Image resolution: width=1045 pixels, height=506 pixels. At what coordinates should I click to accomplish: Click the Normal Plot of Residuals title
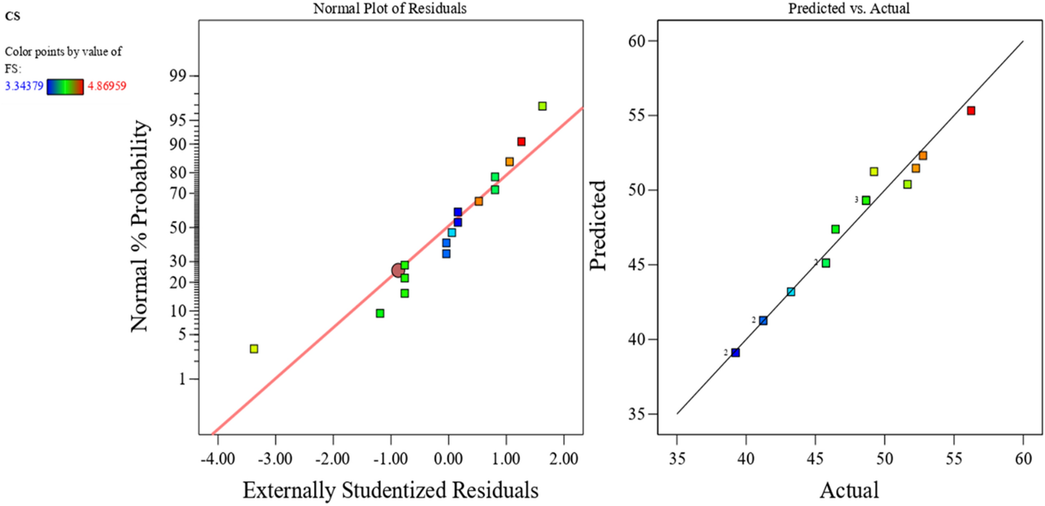click(389, 8)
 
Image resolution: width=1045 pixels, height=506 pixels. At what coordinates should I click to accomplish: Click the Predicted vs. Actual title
click(849, 8)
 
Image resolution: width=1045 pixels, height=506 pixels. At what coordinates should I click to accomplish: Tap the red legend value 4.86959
click(107, 86)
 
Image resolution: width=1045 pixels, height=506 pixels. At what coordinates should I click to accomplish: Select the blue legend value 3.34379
click(24, 86)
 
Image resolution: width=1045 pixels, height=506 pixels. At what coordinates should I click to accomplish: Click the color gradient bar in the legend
click(65, 86)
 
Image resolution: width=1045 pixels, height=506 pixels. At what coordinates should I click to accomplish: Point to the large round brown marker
click(398, 270)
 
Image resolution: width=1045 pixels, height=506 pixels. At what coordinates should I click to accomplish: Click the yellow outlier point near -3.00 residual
click(254, 349)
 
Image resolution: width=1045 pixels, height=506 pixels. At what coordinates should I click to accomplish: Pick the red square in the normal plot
click(521, 142)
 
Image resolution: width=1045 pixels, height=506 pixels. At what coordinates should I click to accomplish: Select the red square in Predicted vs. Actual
click(971, 110)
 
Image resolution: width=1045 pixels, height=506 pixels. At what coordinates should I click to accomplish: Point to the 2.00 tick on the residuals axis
click(564, 459)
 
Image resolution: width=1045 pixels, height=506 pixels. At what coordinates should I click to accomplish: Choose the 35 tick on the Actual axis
click(677, 459)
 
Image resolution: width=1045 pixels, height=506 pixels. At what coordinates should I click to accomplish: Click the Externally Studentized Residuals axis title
click(391, 490)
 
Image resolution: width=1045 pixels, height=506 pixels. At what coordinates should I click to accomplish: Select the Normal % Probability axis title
click(140, 226)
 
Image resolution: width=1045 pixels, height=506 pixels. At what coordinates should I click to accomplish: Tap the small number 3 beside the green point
click(856, 200)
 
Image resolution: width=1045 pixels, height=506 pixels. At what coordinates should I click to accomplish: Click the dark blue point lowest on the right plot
click(735, 353)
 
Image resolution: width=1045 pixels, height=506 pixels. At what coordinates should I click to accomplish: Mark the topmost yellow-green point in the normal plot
click(542, 106)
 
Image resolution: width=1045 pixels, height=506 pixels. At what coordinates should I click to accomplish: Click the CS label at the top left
click(12, 16)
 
